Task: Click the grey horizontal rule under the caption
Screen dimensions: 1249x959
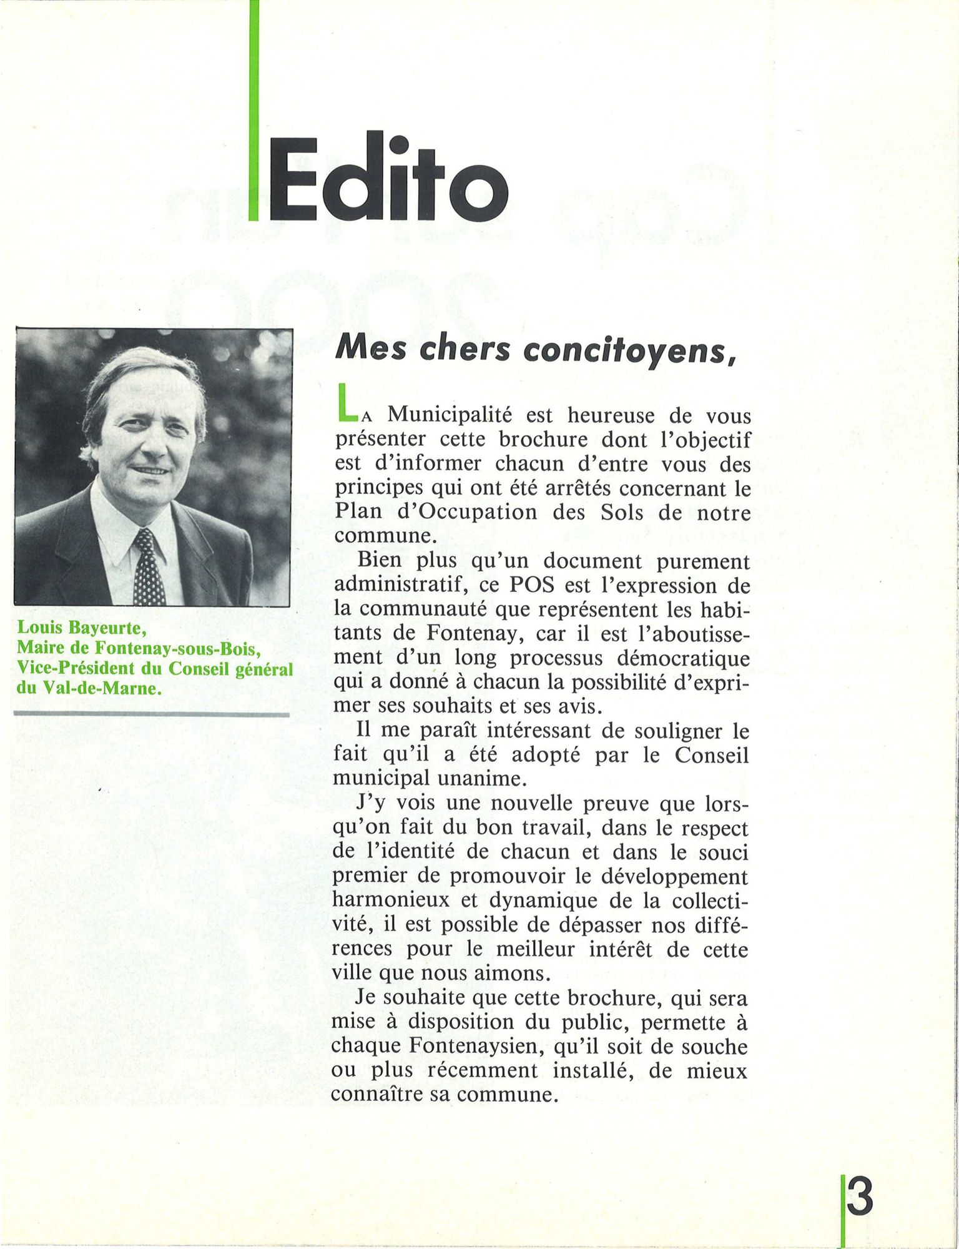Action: point(152,714)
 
